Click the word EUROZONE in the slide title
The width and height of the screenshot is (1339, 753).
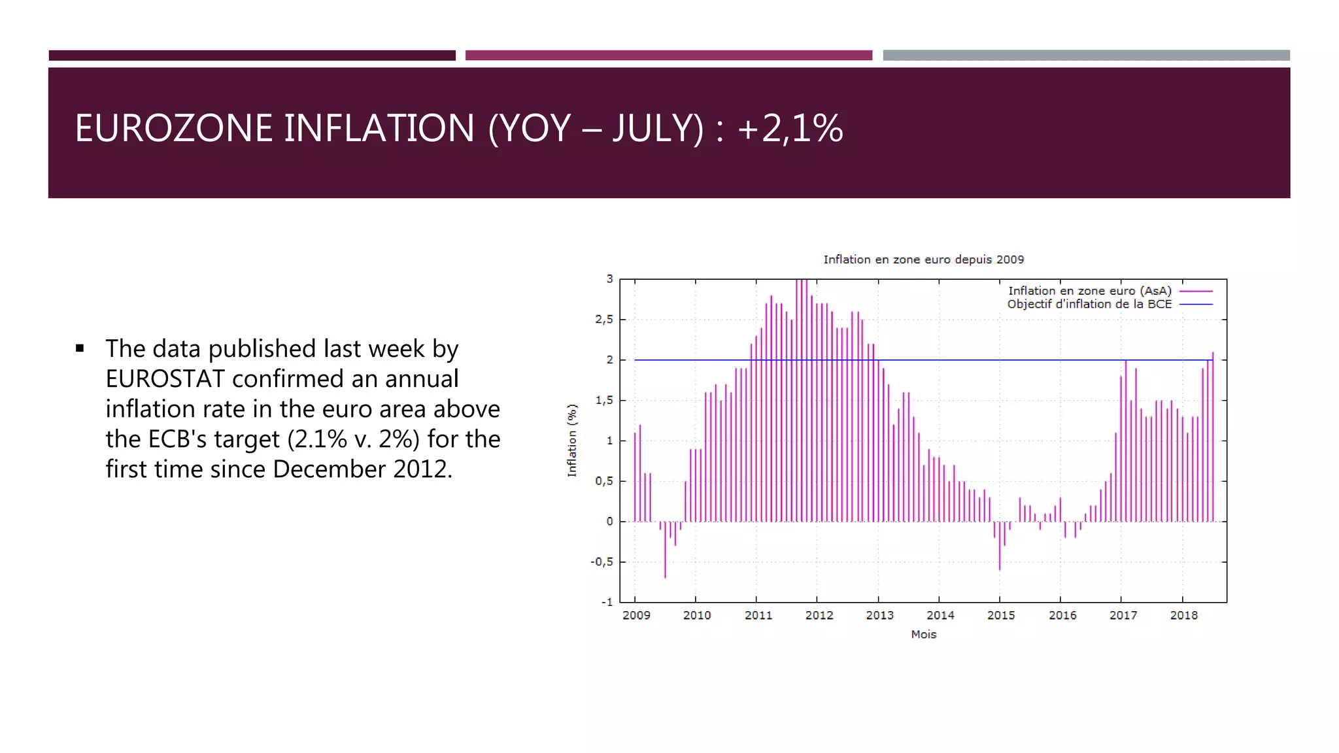tap(174, 128)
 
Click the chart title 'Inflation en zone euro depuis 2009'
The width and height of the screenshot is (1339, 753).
tap(923, 259)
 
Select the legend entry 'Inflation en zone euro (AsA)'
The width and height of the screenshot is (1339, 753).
tap(1089, 291)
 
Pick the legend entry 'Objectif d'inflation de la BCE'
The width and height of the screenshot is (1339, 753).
tap(1089, 304)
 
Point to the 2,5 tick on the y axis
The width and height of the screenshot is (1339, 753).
tap(604, 320)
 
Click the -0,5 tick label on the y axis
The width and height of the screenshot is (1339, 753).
tap(602, 562)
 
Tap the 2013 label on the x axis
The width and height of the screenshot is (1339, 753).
tap(879, 615)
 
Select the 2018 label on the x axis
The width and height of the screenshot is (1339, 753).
tap(1183, 615)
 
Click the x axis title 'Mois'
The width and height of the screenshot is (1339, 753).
tap(923, 634)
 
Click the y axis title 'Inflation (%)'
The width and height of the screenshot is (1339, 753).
tap(572, 441)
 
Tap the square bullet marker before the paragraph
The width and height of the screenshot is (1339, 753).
tap(80, 348)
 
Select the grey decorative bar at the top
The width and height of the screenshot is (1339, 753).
tap(1085, 56)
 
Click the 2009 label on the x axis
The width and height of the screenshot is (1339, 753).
tap(636, 615)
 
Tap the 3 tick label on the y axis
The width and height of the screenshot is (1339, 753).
tap(609, 279)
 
